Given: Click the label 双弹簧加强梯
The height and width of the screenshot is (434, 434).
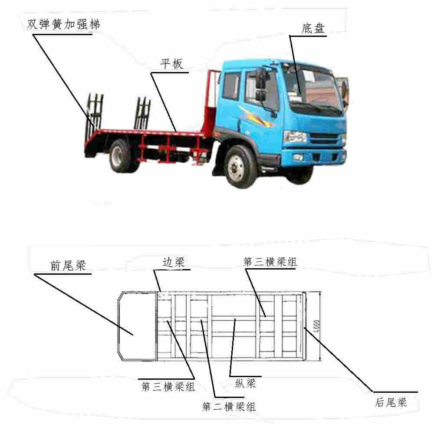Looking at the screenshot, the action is [x=63, y=24].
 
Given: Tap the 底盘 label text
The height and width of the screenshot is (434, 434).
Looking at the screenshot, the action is [x=313, y=28].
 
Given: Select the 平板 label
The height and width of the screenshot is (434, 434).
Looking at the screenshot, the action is [x=171, y=64].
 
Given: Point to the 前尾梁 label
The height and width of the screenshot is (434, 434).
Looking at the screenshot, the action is [x=68, y=266].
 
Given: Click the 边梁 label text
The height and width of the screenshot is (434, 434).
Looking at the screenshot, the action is [x=173, y=262].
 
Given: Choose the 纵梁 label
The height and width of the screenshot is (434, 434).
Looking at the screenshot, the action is [x=246, y=383].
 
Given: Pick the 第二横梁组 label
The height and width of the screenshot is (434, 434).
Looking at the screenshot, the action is [x=229, y=407].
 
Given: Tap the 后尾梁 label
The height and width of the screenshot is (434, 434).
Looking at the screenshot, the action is [x=391, y=402].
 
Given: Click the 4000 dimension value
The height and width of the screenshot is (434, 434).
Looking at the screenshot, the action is [x=317, y=326].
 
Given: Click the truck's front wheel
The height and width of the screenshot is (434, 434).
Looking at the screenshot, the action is [x=237, y=167].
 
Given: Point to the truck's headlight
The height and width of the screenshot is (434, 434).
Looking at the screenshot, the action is [x=295, y=137].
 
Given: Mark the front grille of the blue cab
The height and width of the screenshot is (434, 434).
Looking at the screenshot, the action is [x=324, y=138].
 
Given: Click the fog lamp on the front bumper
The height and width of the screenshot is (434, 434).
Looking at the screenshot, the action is [x=298, y=157].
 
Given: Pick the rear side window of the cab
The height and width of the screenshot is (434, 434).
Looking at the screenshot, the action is [x=231, y=86].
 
